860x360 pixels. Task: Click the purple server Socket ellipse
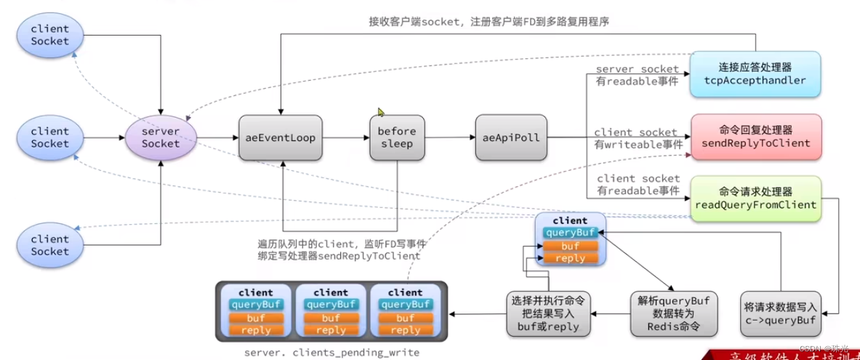coord(161,137)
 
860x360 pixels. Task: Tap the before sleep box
coord(397,137)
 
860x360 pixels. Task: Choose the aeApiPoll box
coord(512,137)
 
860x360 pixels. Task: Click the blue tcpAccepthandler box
coord(755,75)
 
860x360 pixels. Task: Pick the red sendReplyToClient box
coord(755,137)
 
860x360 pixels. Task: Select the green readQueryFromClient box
coord(755,199)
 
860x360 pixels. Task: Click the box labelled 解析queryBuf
coord(673,313)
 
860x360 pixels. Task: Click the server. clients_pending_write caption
coord(331,352)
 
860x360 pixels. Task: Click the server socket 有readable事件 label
coord(637,75)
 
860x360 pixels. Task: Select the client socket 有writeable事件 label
coord(637,138)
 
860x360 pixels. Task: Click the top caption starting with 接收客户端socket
coord(489,22)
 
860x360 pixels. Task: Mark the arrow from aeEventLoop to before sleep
coord(346,137)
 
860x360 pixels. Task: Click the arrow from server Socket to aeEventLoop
coord(218,137)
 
